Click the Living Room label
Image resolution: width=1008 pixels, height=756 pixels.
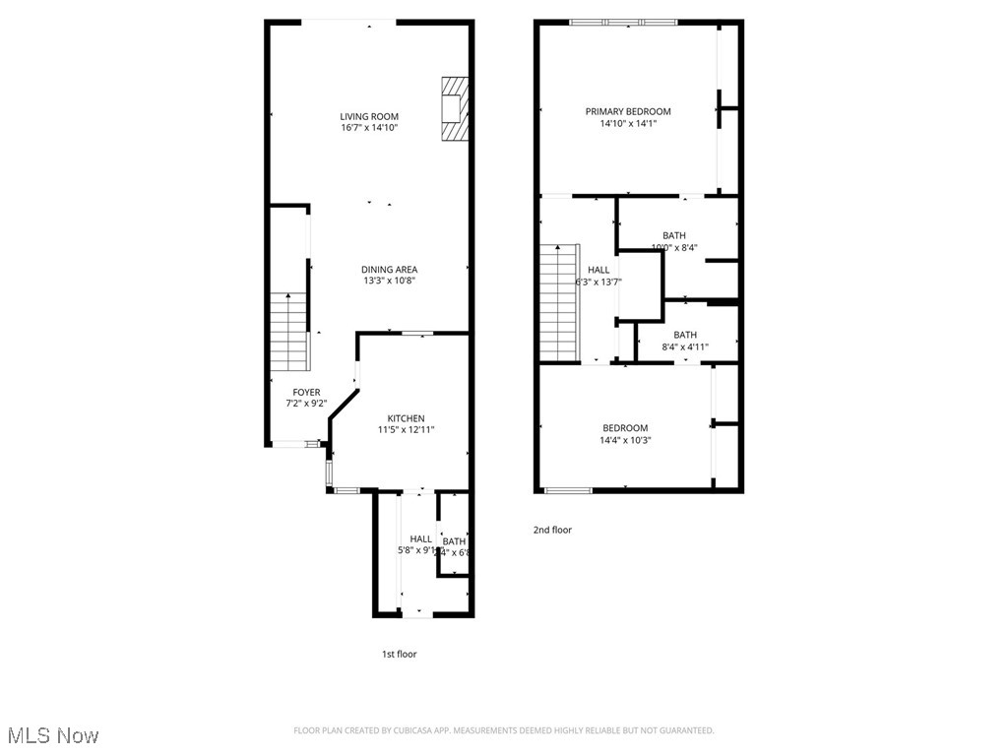tap(369, 116)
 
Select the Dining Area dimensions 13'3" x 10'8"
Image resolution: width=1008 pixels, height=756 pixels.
tap(390, 281)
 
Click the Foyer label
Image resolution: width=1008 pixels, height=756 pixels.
tap(306, 392)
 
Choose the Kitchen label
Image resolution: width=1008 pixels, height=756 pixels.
tap(406, 418)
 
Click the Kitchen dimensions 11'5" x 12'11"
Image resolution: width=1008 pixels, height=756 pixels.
tap(406, 429)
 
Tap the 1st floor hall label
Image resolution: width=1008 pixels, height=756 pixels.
tap(420, 538)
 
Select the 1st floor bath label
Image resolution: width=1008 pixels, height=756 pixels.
tap(454, 541)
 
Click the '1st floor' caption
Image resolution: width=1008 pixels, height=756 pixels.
tap(399, 654)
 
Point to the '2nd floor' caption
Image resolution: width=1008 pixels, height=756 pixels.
tap(552, 530)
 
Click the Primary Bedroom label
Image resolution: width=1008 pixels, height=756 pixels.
tap(628, 111)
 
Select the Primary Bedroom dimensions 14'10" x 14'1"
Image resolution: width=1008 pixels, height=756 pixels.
tap(628, 123)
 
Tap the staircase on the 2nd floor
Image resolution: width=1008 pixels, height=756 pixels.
tap(558, 303)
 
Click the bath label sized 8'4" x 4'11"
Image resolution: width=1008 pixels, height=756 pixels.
tap(685, 335)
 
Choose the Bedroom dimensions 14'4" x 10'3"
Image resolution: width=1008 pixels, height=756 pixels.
tap(625, 440)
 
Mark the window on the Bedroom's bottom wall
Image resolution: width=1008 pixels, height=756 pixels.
tap(568, 489)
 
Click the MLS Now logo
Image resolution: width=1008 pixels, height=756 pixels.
tap(52, 735)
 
